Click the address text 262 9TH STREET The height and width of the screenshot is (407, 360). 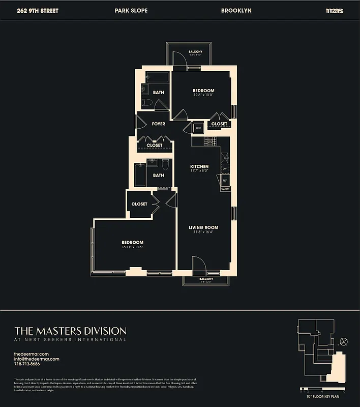tap(38, 10)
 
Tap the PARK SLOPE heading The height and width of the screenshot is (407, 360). tap(132, 10)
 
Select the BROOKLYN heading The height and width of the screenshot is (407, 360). tap(236, 10)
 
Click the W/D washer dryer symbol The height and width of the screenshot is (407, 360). tap(198, 128)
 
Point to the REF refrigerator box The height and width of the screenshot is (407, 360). tap(225, 180)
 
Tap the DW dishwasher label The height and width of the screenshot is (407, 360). tap(224, 168)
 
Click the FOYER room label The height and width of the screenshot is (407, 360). tap(158, 124)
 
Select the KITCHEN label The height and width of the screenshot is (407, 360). tap(199, 166)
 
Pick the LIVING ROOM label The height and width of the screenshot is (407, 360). tap(203, 227)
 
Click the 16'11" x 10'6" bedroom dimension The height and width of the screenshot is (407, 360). tap(132, 247)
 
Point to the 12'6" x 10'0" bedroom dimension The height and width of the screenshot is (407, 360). tap(203, 95)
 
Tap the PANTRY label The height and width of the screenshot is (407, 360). tap(225, 189)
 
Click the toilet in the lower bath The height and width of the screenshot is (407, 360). tap(165, 164)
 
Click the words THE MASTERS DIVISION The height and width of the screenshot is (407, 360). tap(70, 331)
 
